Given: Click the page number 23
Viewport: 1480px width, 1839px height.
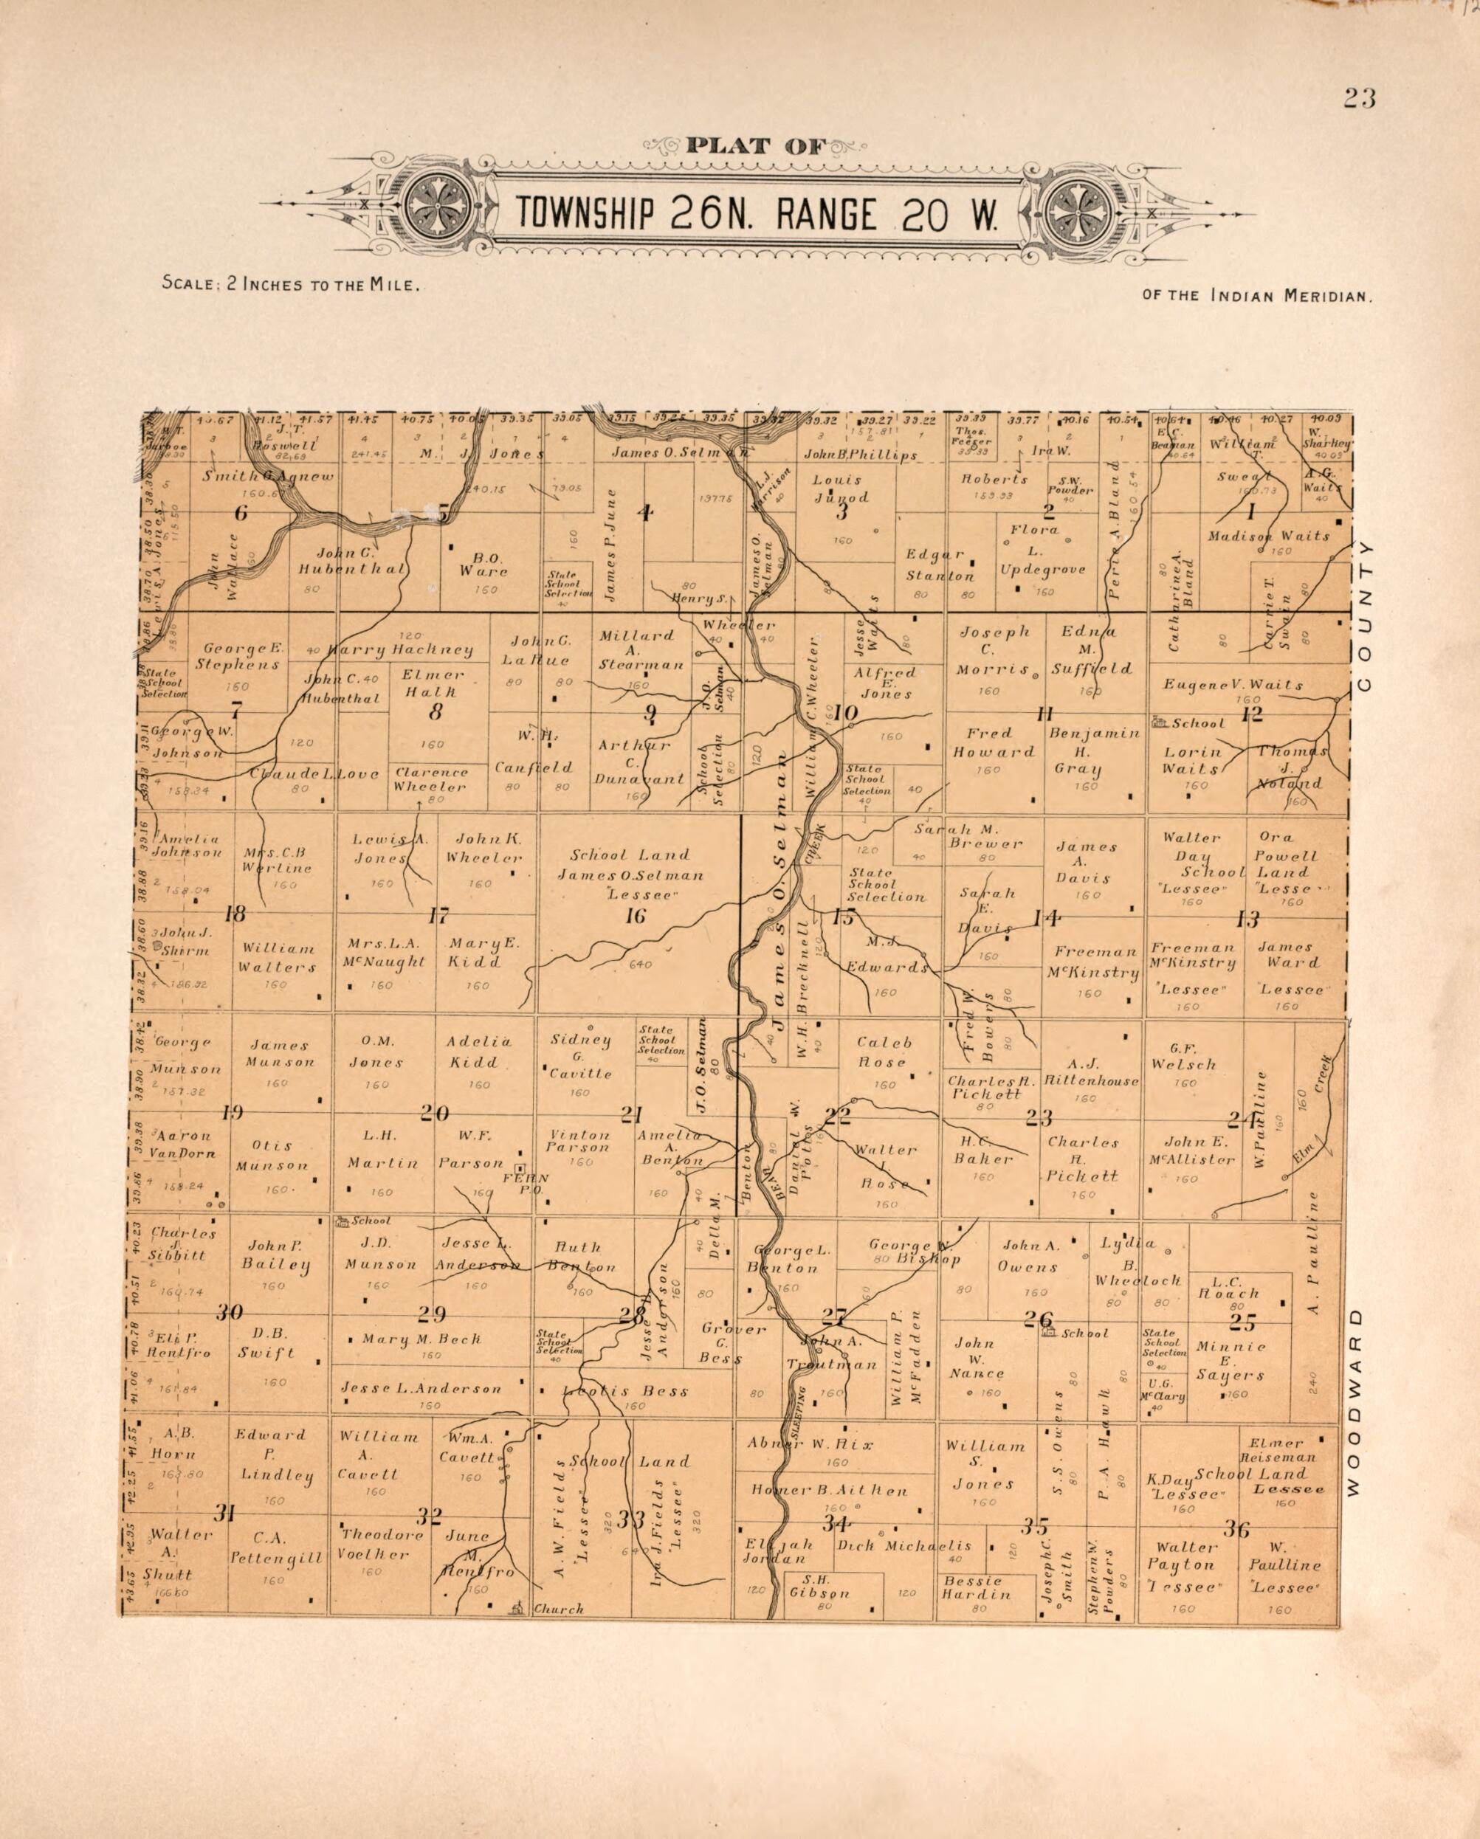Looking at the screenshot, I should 1359,99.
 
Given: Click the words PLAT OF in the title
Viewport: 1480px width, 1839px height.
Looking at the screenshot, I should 756,146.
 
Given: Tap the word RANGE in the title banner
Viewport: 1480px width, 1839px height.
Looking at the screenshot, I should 824,214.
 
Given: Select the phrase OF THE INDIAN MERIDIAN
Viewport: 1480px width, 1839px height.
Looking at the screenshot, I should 1256,296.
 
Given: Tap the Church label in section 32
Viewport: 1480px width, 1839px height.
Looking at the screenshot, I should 558,1609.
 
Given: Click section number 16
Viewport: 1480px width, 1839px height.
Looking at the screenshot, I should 636,917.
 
